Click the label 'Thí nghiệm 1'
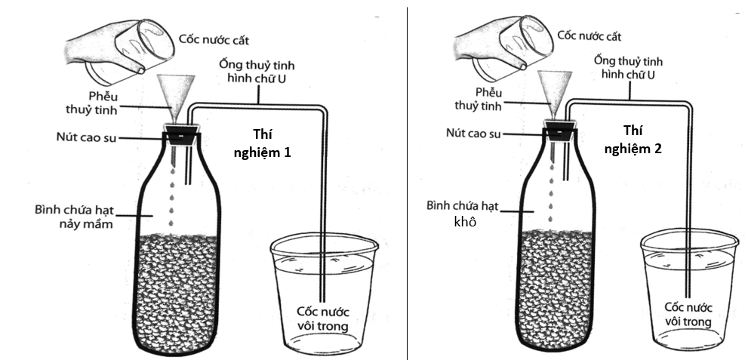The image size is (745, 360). point(270,143)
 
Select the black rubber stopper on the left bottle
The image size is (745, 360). point(180,136)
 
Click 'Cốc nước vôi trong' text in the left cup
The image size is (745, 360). point(322,319)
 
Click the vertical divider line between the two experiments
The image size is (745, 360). point(408,181)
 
